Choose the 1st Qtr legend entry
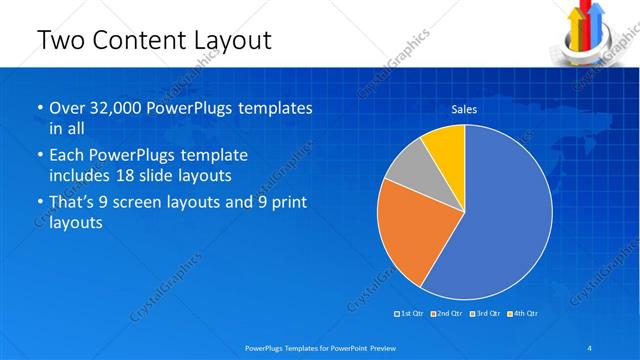(x=409, y=314)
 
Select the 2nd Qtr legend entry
(x=446, y=314)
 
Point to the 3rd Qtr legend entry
(x=484, y=314)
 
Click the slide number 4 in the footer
(x=589, y=347)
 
